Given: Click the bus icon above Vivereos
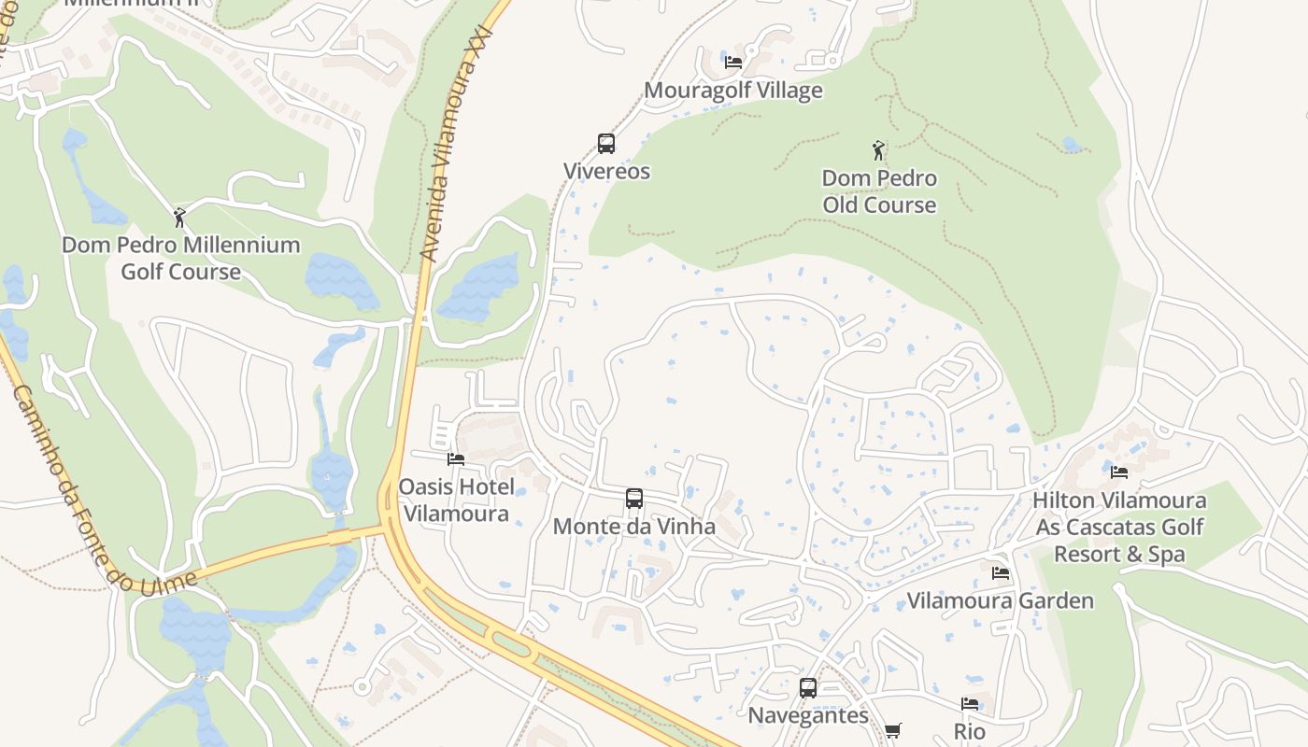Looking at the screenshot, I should tap(606, 144).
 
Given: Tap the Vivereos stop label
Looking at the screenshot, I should tap(606, 172).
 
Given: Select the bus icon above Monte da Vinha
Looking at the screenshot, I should tap(634, 499).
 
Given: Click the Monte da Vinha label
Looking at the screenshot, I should tap(634, 527).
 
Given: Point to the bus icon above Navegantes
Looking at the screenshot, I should tap(808, 688).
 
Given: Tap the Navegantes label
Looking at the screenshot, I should tap(808, 716).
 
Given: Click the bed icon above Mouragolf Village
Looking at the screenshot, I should tap(733, 63).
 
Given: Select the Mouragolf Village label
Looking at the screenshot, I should tap(733, 91).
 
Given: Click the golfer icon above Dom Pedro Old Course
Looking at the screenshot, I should tap(878, 150).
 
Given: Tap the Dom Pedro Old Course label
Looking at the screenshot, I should tap(879, 191).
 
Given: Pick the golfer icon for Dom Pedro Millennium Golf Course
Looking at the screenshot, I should tap(180, 218).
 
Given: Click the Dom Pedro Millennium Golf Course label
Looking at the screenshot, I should tap(181, 259).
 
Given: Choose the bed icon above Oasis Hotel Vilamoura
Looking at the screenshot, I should tap(456, 458).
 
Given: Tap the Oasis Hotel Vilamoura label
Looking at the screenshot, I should tap(456, 500).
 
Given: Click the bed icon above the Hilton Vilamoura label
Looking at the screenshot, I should tap(1119, 472).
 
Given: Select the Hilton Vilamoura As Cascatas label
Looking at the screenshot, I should tap(1119, 527).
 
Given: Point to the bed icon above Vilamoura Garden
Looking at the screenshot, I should tap(1001, 572).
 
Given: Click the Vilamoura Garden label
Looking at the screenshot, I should tap(1001, 600).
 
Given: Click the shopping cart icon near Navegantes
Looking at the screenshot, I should tap(893, 730).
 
